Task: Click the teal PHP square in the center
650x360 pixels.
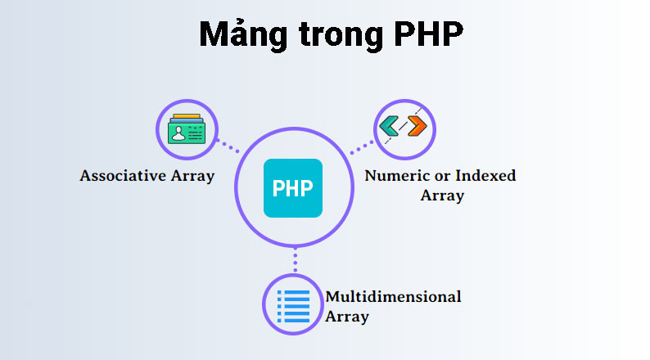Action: (x=293, y=188)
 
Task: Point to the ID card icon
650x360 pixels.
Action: (x=187, y=131)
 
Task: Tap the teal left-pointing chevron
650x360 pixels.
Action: (x=390, y=127)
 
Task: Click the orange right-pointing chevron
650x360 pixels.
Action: (x=417, y=126)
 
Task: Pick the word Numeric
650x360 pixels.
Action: (x=393, y=176)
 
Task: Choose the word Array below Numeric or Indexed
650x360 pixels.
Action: (x=442, y=196)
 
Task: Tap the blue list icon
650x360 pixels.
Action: (x=293, y=306)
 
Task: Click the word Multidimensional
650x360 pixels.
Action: (x=393, y=296)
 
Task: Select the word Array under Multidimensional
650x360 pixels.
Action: (x=347, y=317)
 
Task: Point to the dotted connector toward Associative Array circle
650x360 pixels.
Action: (x=227, y=148)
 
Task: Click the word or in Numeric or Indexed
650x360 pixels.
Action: (x=442, y=176)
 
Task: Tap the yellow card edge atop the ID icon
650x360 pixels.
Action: (x=187, y=117)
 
